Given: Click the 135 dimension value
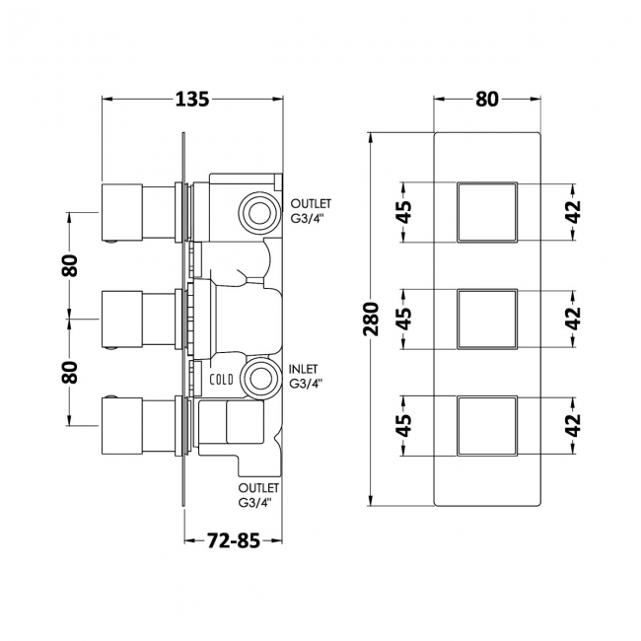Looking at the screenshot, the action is pyautogui.click(x=192, y=100).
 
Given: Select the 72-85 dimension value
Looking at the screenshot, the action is pyautogui.click(x=234, y=540).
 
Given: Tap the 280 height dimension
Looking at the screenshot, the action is pyautogui.click(x=372, y=319).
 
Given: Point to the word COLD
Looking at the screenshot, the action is pyautogui.click(x=221, y=380).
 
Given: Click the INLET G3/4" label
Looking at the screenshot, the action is pyautogui.click(x=306, y=376).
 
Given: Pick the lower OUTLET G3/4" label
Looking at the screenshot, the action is pyautogui.click(x=258, y=495).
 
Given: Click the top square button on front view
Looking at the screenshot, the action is pyautogui.click(x=487, y=212).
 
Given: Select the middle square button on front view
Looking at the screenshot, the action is pyautogui.click(x=487, y=320).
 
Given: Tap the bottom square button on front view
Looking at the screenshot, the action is pyautogui.click(x=487, y=426).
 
